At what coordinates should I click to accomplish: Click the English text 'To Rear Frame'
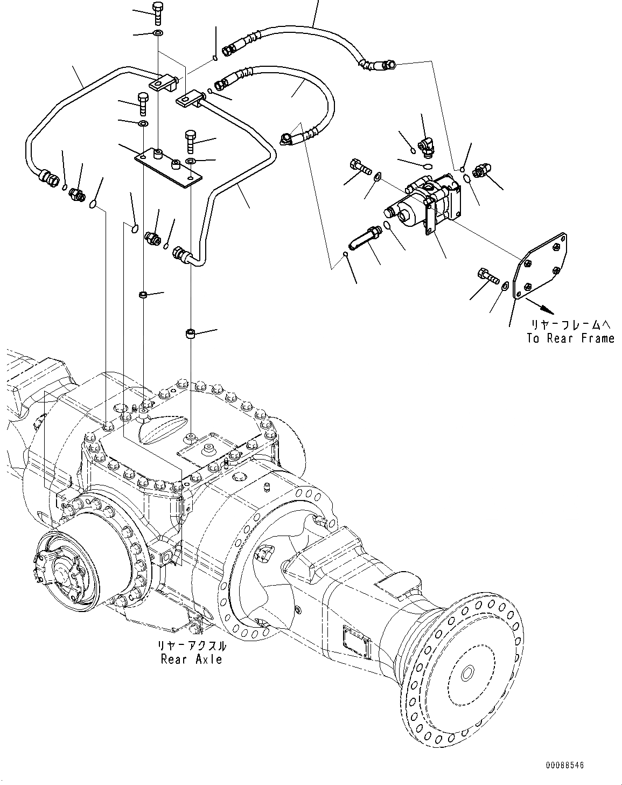(570, 338)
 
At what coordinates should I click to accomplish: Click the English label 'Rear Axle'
(191, 659)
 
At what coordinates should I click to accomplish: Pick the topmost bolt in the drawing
(158, 13)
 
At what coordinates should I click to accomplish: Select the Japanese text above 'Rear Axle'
(191, 646)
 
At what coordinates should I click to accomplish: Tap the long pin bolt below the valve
(366, 237)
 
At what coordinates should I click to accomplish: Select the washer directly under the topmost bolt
(158, 34)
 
